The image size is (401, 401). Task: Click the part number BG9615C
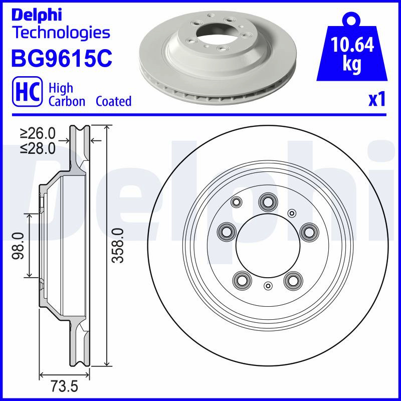[x=62, y=58]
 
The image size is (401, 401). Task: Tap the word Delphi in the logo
[x=37, y=15]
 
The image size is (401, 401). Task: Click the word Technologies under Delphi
[x=62, y=33]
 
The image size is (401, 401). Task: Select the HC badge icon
[x=28, y=91]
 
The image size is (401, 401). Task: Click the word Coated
[x=114, y=101]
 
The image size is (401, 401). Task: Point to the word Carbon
[x=67, y=101]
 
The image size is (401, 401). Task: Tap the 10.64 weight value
[x=352, y=45]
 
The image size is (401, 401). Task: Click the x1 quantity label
[x=377, y=99]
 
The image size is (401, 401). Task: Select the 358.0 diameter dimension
[x=118, y=246]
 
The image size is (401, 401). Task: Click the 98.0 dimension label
[x=18, y=246]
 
